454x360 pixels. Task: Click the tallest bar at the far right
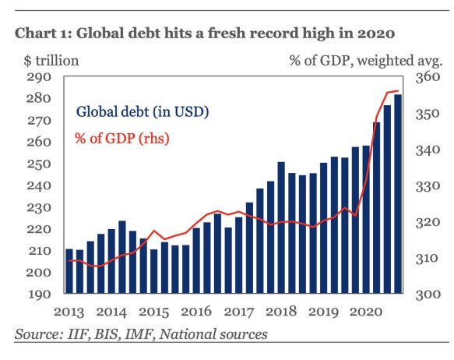[x=398, y=195]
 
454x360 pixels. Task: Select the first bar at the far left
[x=69, y=273]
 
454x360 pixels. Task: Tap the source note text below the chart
[x=141, y=334]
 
